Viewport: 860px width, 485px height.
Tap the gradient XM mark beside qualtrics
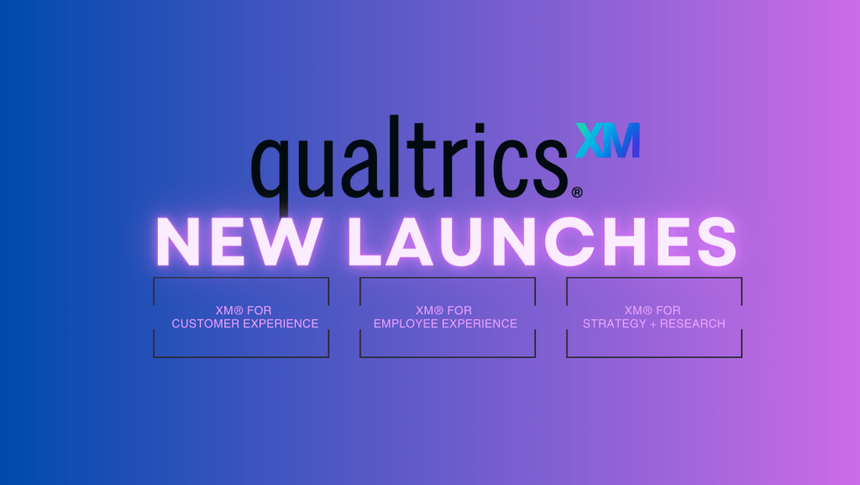607,140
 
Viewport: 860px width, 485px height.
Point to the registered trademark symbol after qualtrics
577,192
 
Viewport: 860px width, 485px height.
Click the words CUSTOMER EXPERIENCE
245,324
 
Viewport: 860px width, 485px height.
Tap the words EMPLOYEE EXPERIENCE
445,324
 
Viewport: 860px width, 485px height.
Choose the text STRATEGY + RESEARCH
653,324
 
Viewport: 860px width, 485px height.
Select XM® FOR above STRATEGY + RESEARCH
653,311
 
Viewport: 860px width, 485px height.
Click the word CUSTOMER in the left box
202,324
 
